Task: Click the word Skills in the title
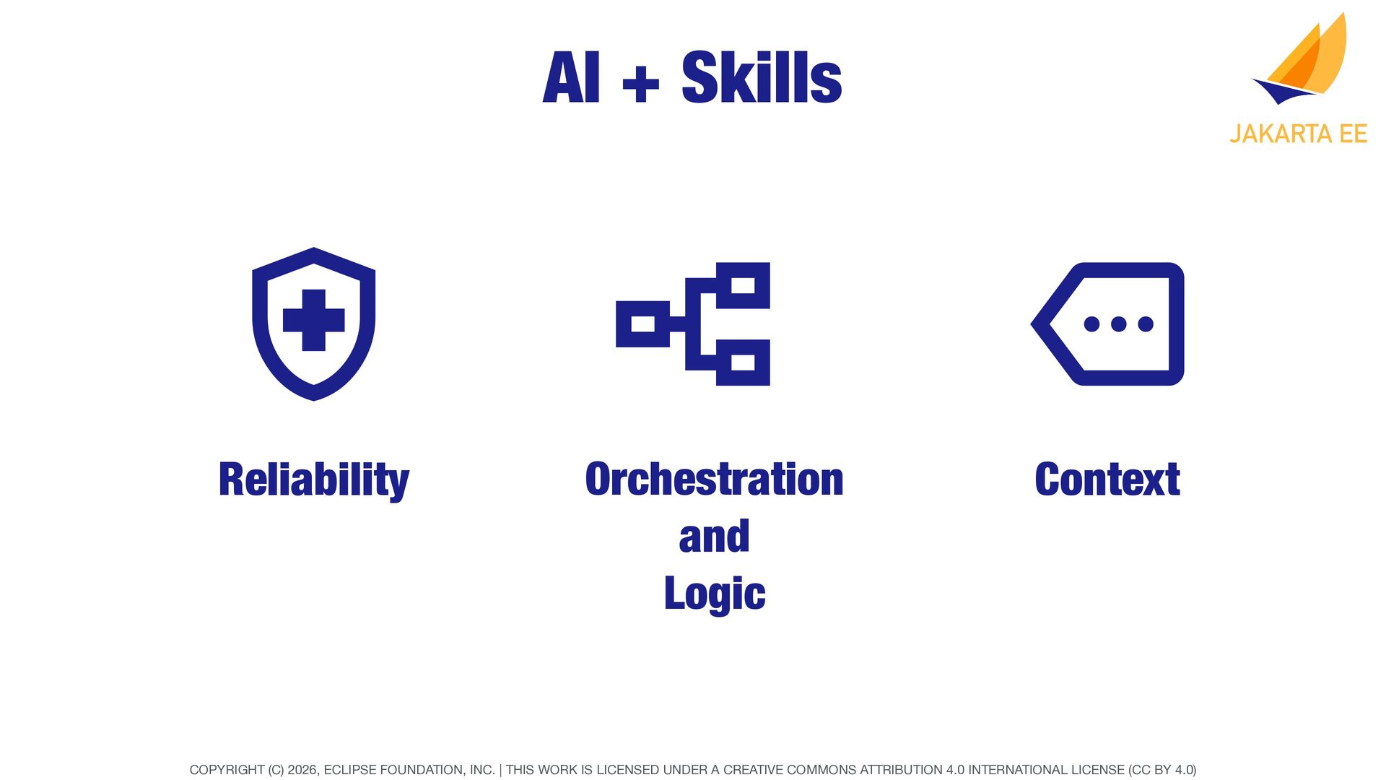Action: tap(762, 77)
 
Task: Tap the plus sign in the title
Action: tap(640, 83)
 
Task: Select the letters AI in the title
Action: tap(570, 77)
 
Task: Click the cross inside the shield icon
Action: tap(313, 320)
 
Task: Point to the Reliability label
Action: tap(314, 480)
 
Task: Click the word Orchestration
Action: tap(714, 479)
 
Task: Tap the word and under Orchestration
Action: tap(714, 537)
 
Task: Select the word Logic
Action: tap(714, 594)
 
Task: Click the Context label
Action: tap(1107, 480)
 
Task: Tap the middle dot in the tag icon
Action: tap(1118, 324)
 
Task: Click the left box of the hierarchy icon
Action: tap(642, 324)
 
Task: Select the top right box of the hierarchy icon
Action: tap(743, 285)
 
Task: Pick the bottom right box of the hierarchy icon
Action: tap(743, 362)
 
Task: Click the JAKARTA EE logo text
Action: tap(1298, 134)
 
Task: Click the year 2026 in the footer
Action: tap(302, 770)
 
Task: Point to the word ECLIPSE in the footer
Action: tap(349, 770)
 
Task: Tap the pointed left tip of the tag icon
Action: tap(1032, 324)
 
